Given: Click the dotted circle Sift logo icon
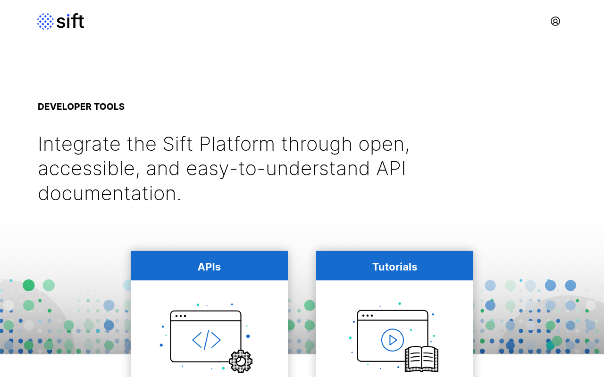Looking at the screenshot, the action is click(45, 21).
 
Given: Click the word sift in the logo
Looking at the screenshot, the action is click(70, 21).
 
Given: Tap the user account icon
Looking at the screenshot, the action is click(555, 21).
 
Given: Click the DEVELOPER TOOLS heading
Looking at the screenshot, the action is click(81, 107).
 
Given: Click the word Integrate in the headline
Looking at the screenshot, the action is click(79, 145).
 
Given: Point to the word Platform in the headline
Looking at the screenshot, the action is click(237, 144).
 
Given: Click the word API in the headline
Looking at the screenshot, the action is click(391, 169).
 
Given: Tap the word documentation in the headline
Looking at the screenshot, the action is click(109, 194).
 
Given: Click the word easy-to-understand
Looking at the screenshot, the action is click(278, 169).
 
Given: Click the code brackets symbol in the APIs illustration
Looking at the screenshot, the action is click(206, 340).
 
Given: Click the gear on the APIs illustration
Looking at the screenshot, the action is click(241, 361).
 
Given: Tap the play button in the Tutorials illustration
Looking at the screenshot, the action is click(392, 340).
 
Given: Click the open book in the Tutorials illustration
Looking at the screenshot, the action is click(421, 359).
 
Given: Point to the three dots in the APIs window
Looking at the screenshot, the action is click(180, 316).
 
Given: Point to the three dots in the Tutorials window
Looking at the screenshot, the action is click(368, 316).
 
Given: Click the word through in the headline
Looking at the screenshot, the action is click(317, 145).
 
